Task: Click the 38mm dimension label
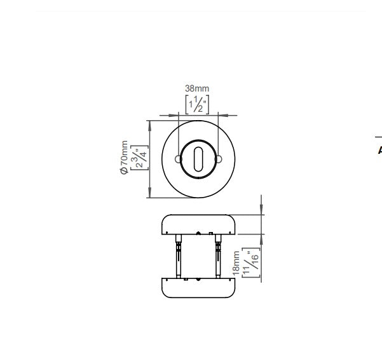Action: (197, 88)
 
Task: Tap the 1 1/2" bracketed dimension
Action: (197, 104)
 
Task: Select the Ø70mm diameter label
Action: (124, 158)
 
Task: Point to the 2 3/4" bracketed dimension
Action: (139, 158)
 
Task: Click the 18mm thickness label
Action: (236, 263)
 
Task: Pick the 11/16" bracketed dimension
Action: (251, 262)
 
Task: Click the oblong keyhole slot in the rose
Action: (198, 159)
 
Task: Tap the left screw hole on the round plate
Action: (178, 160)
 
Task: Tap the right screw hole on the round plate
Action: (219, 160)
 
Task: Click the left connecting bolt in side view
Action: (179, 256)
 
